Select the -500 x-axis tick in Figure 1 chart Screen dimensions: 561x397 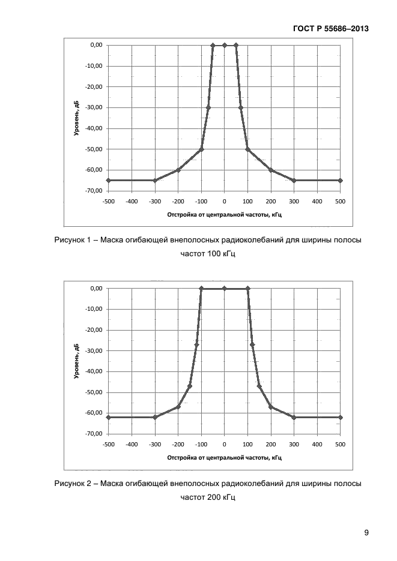click(x=108, y=201)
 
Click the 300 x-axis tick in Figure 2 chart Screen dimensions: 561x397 click(x=294, y=444)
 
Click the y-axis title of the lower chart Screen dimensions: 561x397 click(x=77, y=361)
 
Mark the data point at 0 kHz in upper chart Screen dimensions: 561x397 click(x=225, y=45)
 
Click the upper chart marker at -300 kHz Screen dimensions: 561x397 click(x=155, y=180)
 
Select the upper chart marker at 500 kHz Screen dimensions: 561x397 click(x=340, y=180)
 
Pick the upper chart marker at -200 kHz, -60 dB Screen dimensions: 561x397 click(x=178, y=170)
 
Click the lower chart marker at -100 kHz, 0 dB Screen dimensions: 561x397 click(x=201, y=289)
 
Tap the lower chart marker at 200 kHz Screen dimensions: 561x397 click(x=271, y=407)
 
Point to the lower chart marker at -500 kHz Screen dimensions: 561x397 click(x=108, y=417)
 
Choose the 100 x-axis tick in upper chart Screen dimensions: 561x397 click(x=247, y=201)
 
